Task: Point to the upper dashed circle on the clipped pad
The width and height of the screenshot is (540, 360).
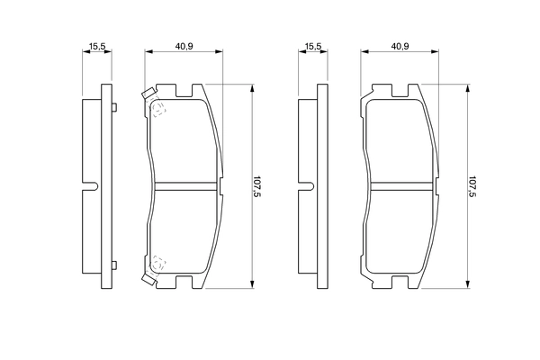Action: (x=158, y=110)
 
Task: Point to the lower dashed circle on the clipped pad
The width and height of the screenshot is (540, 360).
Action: (x=158, y=264)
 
